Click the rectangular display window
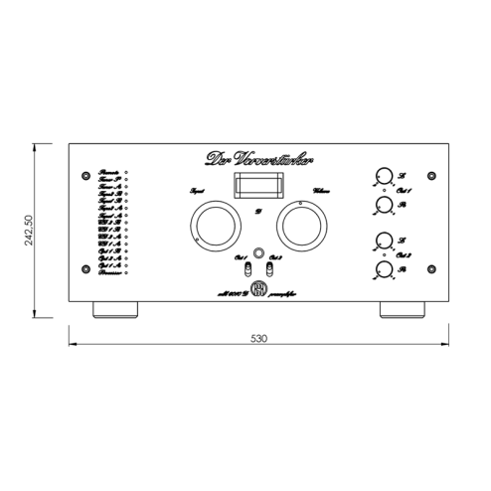point(254,187)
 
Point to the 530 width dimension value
point(257,338)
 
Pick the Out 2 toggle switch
point(267,267)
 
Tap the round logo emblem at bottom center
point(255,289)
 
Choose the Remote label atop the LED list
point(108,172)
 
